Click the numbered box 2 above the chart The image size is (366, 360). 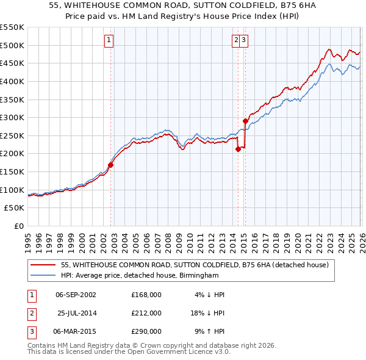point(236,40)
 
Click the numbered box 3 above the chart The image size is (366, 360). point(243,40)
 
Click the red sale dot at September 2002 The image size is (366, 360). point(111,165)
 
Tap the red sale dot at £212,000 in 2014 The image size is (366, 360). point(238,149)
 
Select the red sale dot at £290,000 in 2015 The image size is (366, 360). point(245,121)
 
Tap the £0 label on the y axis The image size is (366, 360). point(18,226)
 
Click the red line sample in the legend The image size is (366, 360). point(44,265)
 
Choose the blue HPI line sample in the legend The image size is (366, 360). point(44,276)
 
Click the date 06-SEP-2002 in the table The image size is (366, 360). point(75,295)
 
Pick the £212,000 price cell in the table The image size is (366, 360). point(146,313)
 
